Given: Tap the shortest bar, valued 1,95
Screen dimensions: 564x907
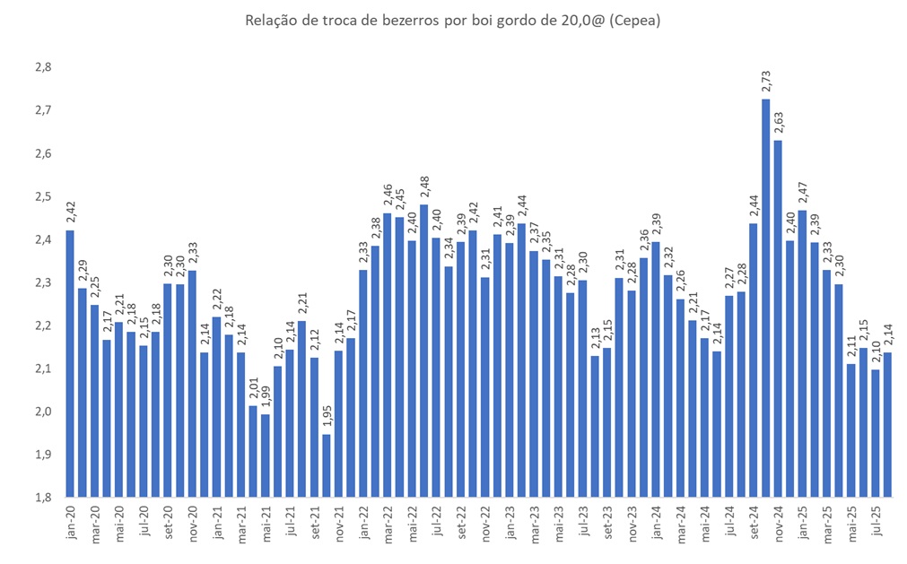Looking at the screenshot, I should pos(326,465).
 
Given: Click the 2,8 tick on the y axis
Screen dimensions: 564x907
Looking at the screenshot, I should pos(42,68).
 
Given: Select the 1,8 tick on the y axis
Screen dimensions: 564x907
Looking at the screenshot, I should pos(42,498).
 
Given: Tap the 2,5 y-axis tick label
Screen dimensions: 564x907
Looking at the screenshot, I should pos(42,197).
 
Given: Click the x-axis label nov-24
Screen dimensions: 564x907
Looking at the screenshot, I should pos(778,521).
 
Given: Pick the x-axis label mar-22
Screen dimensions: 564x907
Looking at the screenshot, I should pos(388,521).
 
